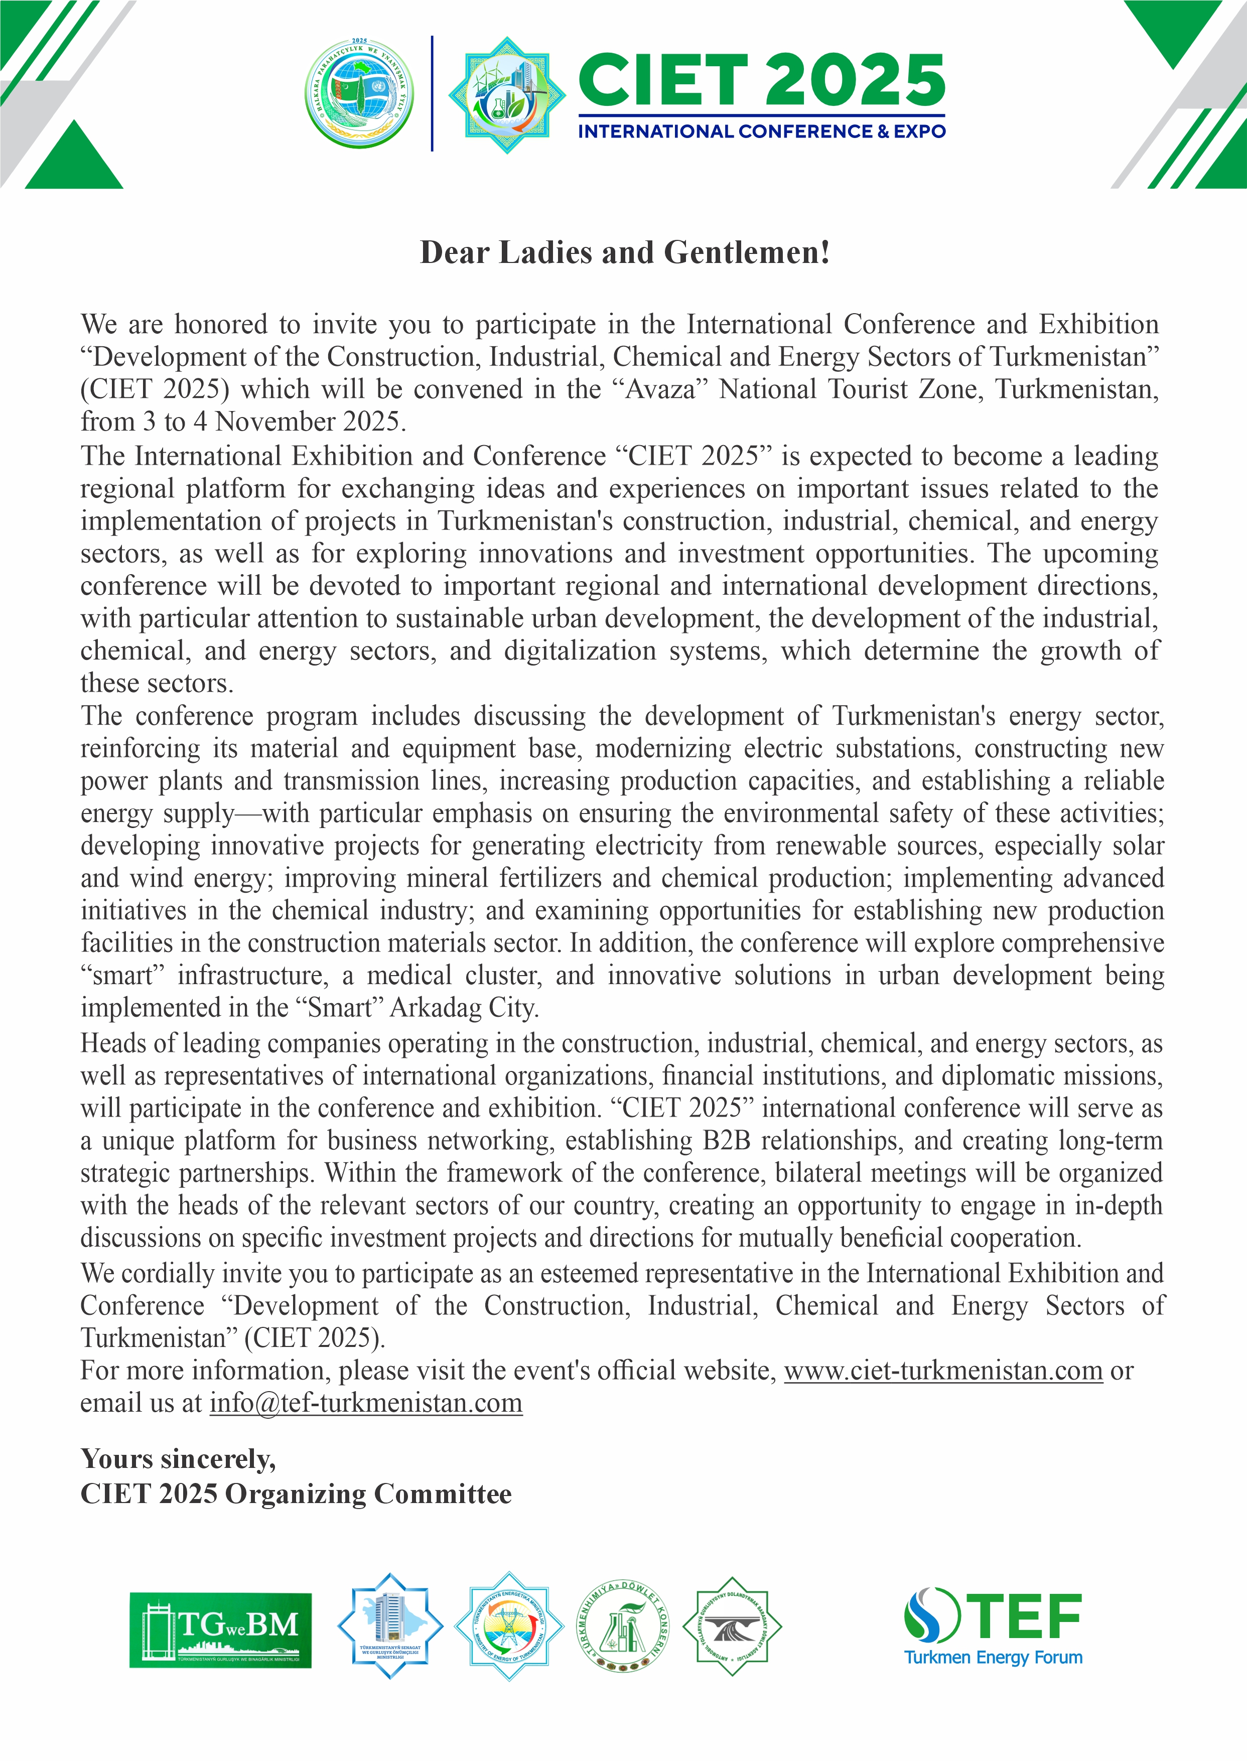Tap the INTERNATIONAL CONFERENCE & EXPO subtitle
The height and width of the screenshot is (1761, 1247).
(761, 131)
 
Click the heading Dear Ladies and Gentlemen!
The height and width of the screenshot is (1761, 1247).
(624, 252)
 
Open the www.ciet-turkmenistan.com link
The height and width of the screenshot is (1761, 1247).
(943, 1370)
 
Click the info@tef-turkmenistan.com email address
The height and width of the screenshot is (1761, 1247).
(365, 1403)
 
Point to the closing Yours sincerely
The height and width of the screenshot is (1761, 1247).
(178, 1458)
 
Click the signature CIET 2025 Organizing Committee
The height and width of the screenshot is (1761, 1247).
(296, 1494)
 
